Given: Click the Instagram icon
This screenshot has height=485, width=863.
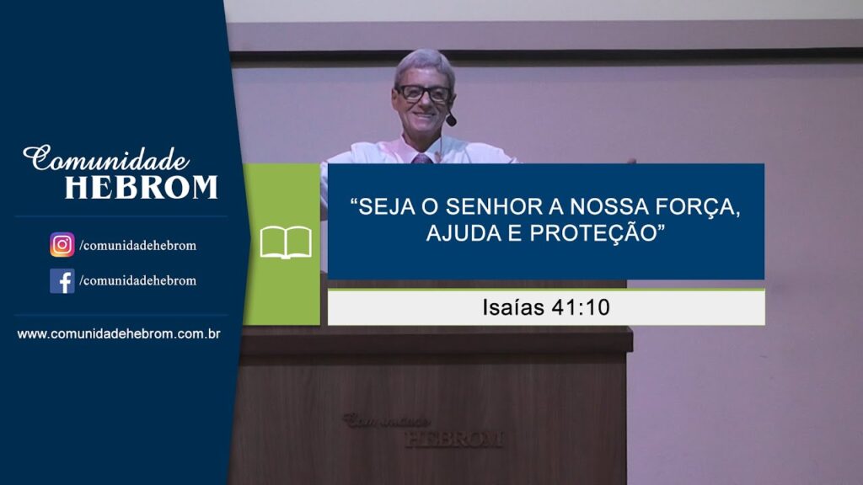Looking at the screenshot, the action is [x=62, y=245].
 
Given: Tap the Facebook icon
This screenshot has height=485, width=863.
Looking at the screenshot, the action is [x=62, y=281].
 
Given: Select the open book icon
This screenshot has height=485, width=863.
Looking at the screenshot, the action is [x=286, y=242].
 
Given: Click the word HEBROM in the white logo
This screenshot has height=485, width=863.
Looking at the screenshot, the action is [x=142, y=187].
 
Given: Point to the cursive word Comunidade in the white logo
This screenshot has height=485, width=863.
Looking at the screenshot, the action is [x=106, y=158].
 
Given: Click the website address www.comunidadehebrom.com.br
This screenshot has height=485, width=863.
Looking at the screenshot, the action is [x=119, y=333].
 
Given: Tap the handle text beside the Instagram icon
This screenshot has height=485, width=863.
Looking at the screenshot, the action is [x=137, y=245].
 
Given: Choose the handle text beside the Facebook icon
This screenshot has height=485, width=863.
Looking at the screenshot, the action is [x=137, y=280].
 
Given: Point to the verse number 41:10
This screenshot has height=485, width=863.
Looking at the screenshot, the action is [x=581, y=307].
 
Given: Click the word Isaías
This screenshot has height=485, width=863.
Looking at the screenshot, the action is [x=513, y=307].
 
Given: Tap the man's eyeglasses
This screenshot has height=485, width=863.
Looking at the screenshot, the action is [x=424, y=94].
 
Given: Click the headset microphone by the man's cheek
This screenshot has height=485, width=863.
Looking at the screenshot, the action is [x=452, y=120].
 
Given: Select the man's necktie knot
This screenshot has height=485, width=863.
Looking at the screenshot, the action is [x=422, y=159].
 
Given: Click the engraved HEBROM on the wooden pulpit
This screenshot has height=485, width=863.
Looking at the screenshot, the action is [x=454, y=439].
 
